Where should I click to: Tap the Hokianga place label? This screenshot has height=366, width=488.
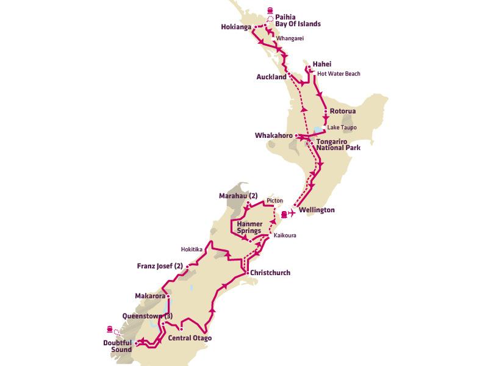click(x=236, y=27)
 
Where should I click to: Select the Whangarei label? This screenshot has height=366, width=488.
click(x=290, y=38)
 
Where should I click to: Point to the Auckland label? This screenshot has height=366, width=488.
click(x=271, y=77)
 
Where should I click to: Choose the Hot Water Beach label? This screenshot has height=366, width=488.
click(x=339, y=74)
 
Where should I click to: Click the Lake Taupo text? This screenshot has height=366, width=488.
click(x=341, y=127)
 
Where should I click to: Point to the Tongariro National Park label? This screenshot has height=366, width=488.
click(x=338, y=144)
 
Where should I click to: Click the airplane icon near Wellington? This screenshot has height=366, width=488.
click(x=292, y=213)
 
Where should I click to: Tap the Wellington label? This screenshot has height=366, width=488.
click(x=317, y=210)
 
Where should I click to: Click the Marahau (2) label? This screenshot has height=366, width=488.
click(x=239, y=196)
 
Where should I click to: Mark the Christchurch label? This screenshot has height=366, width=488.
click(x=270, y=273)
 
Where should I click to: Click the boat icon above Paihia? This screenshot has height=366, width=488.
click(x=269, y=10)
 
